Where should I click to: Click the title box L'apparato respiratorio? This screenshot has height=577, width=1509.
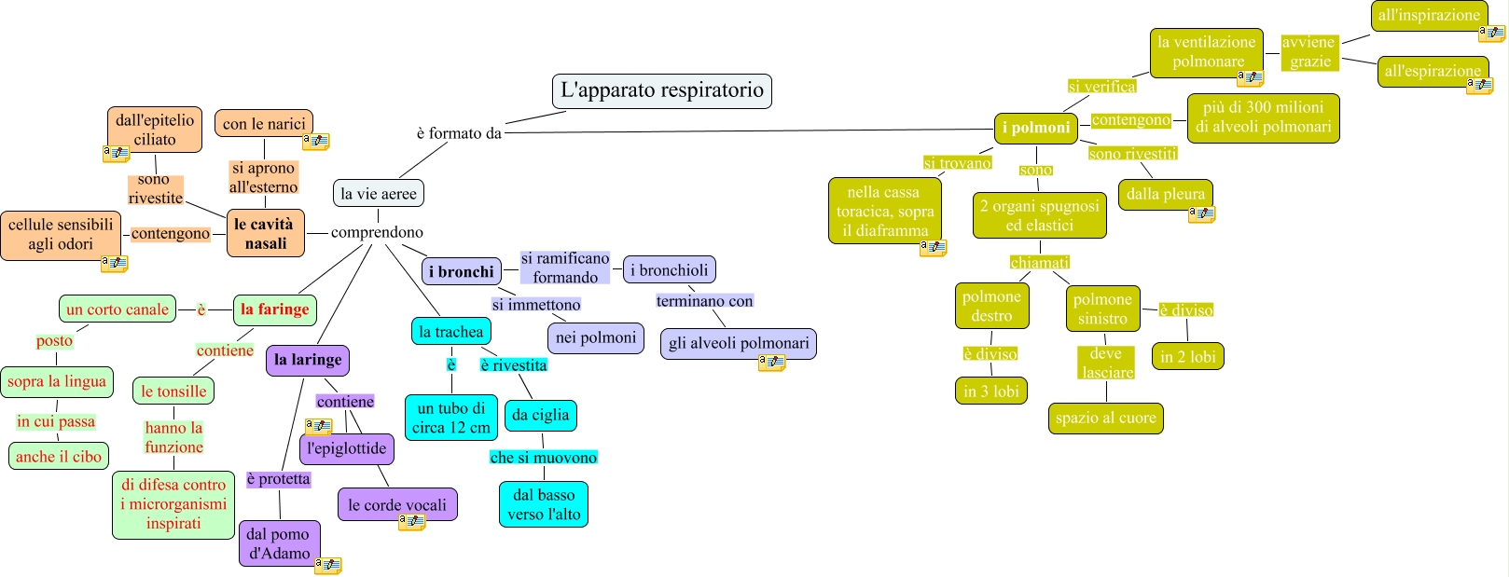661,91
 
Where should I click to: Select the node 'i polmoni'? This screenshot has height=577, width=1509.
1036,128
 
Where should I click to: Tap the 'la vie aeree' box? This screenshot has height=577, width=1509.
379,193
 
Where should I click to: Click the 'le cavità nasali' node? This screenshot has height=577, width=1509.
266,234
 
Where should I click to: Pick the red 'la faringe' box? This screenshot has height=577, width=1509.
275,309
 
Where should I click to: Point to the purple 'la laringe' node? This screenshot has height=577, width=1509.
308,360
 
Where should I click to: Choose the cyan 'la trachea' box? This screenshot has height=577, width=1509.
451,331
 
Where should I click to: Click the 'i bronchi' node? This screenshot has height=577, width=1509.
462,271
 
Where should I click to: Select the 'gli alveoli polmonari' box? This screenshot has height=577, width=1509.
739,343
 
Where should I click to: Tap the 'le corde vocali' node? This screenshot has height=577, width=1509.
397,505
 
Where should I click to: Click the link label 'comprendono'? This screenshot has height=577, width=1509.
377,232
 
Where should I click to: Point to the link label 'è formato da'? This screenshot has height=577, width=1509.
459,133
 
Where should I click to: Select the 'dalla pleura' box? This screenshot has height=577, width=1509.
1166,195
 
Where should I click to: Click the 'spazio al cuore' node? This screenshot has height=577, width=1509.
1105,419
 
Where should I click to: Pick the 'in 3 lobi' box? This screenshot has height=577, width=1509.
991,392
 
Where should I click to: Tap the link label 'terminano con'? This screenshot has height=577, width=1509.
705,301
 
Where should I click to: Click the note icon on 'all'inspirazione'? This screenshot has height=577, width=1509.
1491,33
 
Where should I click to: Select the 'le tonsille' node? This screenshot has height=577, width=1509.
173,392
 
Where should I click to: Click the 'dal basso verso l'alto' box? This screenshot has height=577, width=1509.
544,504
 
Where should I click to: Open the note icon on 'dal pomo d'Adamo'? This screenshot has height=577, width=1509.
328,566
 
